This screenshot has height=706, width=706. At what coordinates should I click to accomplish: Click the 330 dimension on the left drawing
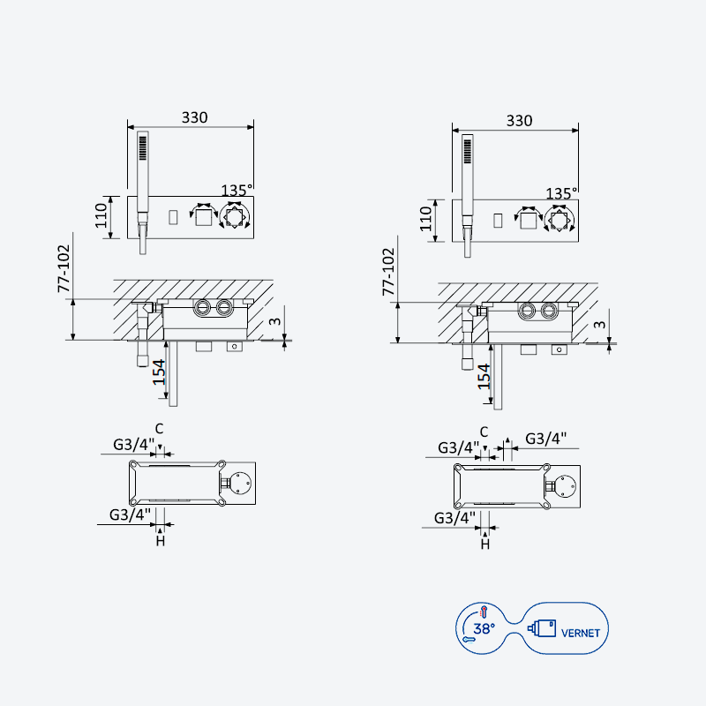pyautogui.click(x=194, y=117)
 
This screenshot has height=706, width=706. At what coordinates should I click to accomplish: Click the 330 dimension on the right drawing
pyautogui.click(x=519, y=121)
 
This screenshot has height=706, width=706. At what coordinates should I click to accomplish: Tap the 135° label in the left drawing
pyautogui.click(x=237, y=190)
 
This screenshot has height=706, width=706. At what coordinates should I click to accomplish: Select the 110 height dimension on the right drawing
pyautogui.click(x=426, y=219)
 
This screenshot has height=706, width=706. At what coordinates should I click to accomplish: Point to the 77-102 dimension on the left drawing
pyautogui.click(x=64, y=268)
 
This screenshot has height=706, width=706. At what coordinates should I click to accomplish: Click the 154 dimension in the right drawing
pyautogui.click(x=484, y=377)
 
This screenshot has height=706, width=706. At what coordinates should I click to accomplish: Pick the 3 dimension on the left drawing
pyautogui.click(x=274, y=321)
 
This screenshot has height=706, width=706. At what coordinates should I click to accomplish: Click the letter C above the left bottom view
pyautogui.click(x=159, y=429)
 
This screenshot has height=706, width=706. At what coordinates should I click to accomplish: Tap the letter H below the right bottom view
pyautogui.click(x=484, y=545)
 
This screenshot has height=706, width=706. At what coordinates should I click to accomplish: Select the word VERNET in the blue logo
pyautogui.click(x=581, y=633)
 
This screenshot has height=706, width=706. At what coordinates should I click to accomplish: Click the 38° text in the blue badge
pyautogui.click(x=484, y=628)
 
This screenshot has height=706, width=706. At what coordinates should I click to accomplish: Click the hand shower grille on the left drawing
pyautogui.click(x=143, y=148)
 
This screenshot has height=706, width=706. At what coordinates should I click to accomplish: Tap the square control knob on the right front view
pyautogui.click(x=528, y=221)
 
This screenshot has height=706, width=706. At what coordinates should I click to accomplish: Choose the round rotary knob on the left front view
pyautogui.click(x=234, y=217)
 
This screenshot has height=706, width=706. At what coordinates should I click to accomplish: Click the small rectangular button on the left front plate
pyautogui.click(x=173, y=217)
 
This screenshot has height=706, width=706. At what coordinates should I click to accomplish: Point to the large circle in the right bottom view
pyautogui.click(x=564, y=486)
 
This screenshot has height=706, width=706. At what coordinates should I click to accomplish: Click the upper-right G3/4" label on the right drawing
pyautogui.click(x=545, y=438)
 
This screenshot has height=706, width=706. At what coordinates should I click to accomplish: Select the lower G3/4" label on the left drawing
pyautogui.click(x=130, y=514)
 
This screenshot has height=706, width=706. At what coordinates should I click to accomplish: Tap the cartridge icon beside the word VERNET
pyautogui.click(x=542, y=628)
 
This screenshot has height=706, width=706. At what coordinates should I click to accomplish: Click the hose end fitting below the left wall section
pyautogui.click(x=143, y=360)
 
